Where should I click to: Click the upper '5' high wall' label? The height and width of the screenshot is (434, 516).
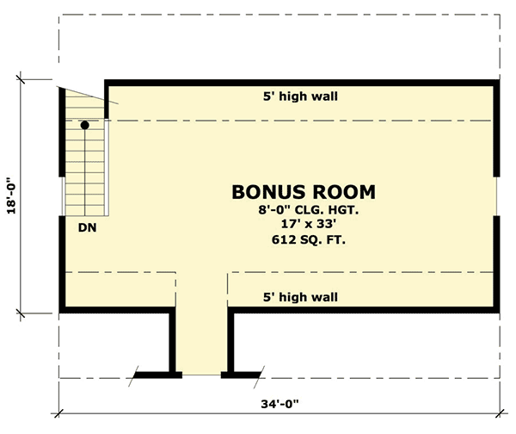click(x=300, y=96)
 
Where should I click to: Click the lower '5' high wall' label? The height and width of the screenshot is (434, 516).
click(x=300, y=298)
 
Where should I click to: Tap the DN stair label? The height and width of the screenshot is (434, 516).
click(x=86, y=228)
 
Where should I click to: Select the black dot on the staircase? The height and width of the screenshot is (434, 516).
click(x=85, y=126)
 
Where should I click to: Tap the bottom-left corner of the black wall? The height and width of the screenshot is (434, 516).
click(x=62, y=310)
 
